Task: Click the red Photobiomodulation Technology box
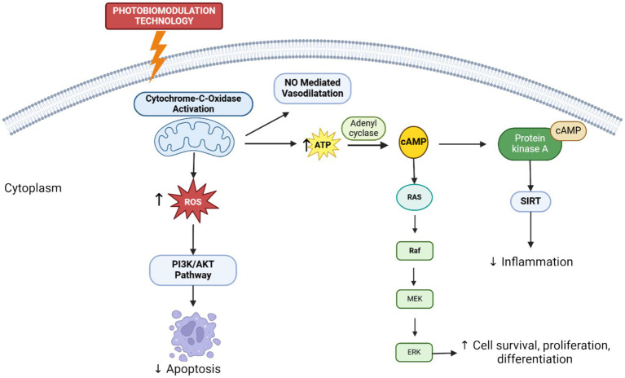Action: [x=164, y=16]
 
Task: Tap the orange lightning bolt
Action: [x=157, y=55]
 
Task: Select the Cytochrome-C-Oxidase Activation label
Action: [x=193, y=103]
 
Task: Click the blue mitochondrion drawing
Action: [x=194, y=138]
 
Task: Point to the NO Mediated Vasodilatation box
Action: [x=312, y=88]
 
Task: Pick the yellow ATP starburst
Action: [x=324, y=144]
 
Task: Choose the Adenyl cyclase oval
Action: [x=363, y=128]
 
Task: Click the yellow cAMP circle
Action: [x=414, y=142]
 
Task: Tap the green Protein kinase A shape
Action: [x=530, y=144]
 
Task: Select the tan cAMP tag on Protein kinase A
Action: [x=569, y=130]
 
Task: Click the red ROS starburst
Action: [x=193, y=201]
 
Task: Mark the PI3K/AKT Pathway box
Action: [x=193, y=270]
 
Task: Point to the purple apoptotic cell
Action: [x=195, y=336]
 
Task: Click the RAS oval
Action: [x=414, y=197]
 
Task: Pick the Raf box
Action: [x=415, y=251]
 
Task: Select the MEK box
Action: [x=415, y=299]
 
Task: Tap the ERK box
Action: [x=414, y=352]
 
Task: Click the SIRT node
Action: [x=530, y=201]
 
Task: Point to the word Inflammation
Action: [x=537, y=262]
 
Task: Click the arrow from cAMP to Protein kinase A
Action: [x=462, y=144]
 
